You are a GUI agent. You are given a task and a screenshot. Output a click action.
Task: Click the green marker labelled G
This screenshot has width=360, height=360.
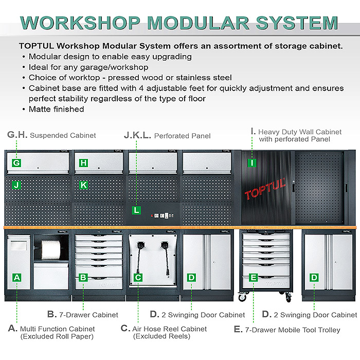(16, 163)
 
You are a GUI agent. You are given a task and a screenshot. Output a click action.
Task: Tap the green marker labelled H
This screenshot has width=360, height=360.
(84, 163)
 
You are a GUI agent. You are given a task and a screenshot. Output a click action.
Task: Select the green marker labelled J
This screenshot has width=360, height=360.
(16, 184)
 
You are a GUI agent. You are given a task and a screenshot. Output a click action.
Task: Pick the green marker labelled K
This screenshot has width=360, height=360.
(84, 184)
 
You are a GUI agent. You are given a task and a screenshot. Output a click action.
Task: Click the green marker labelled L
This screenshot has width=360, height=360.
(136, 210)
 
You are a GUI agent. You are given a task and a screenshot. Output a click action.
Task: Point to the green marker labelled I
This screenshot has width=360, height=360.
(252, 163)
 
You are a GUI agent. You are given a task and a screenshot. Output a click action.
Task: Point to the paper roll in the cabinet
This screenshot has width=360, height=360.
(51, 250)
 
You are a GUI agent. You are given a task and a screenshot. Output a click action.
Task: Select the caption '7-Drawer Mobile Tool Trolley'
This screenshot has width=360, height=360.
(293, 330)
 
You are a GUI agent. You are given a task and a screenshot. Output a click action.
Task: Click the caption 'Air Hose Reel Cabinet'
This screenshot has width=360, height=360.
(170, 329)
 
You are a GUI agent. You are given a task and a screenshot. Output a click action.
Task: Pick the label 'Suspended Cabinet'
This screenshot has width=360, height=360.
(63, 136)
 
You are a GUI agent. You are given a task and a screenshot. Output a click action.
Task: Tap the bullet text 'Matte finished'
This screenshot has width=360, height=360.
(57, 109)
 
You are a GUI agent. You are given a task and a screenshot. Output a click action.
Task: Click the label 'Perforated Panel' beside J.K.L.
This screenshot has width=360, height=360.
(182, 136)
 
